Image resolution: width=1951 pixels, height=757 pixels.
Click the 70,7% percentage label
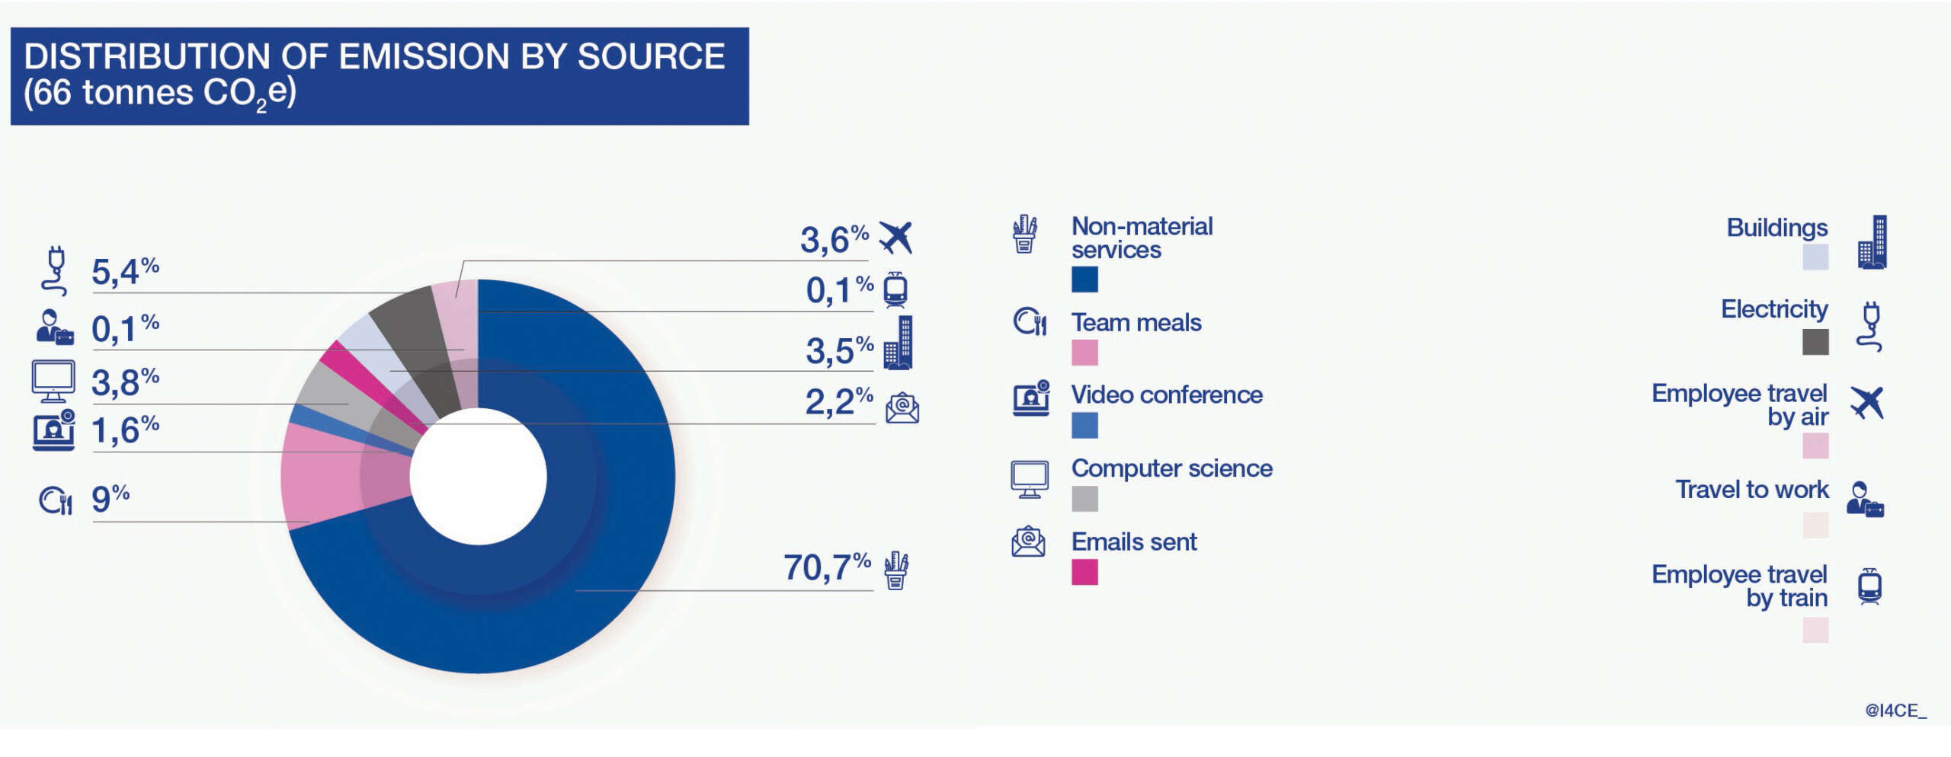point(827,567)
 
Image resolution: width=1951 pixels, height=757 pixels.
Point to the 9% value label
point(111,499)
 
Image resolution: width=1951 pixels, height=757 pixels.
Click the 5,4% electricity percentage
point(125,272)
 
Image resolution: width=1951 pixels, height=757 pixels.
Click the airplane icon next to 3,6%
point(895,238)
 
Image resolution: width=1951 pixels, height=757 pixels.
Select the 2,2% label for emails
point(839,402)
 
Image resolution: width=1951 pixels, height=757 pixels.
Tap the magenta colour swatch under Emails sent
point(1084,572)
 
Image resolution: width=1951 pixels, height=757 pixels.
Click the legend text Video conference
point(1167,394)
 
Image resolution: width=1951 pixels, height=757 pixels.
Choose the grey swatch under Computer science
point(1084,499)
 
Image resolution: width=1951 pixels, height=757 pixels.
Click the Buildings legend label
point(1777,228)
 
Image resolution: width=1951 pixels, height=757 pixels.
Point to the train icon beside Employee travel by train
point(1869,586)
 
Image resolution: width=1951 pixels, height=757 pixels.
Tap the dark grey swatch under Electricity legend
point(1815,342)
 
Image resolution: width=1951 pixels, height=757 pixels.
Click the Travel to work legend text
point(1752,489)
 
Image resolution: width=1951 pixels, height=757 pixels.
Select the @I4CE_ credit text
point(1895,711)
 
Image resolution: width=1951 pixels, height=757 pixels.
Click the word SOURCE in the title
point(652,56)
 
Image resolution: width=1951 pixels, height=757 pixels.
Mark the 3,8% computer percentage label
point(125,382)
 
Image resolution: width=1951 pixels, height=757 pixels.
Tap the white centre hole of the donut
point(479,476)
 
